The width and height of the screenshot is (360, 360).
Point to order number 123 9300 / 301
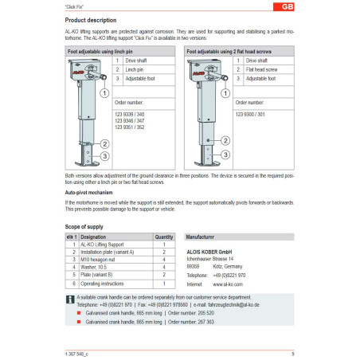pos(250,115)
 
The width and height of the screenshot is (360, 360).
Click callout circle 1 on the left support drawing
pos(104,92)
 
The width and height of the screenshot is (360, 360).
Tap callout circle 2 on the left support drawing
pos(104,144)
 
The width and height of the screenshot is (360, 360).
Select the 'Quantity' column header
pos(162,237)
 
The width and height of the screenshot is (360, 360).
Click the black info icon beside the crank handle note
pos(68,299)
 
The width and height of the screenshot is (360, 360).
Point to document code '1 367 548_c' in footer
pos(77,352)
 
